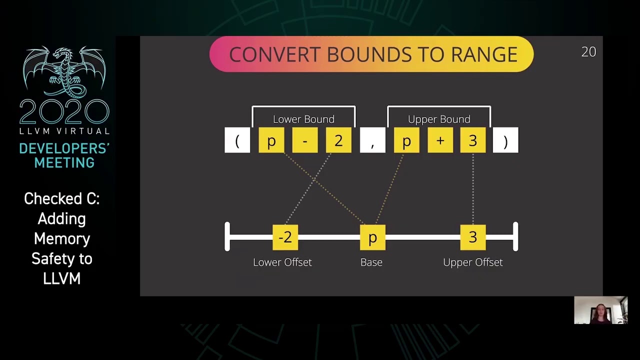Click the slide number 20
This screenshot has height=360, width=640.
click(588, 52)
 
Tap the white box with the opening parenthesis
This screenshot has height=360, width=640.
click(237, 140)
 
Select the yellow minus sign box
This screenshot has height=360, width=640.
click(304, 140)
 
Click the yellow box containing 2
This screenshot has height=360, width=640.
click(338, 140)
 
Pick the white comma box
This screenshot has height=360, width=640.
click(372, 140)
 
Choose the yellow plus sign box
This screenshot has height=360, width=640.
click(440, 140)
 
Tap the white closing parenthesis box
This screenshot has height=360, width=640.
click(505, 140)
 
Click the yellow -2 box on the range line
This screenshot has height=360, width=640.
click(285, 237)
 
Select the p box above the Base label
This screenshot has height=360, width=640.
click(372, 237)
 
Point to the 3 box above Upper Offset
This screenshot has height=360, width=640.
click(473, 237)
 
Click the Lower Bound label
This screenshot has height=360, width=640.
click(303, 119)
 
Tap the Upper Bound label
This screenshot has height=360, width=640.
click(439, 119)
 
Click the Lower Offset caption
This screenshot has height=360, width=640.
click(282, 262)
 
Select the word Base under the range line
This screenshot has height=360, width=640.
click(371, 262)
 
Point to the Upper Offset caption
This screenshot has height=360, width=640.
click(473, 262)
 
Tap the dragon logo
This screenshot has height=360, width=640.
click(64, 72)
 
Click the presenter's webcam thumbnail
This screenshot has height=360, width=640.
click(600, 310)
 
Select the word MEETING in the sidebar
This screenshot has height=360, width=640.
click(64, 162)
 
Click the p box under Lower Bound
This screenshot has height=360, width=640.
click(271, 140)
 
